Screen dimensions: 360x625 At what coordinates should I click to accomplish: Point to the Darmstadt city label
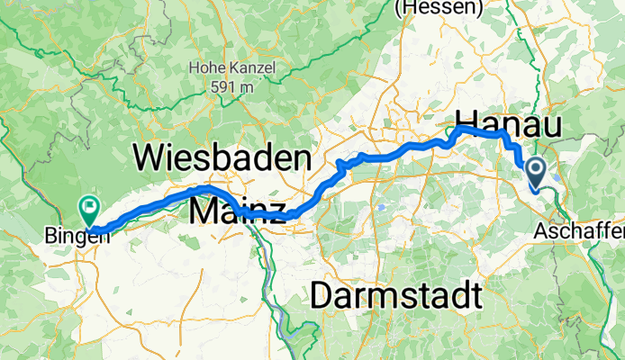(394, 294)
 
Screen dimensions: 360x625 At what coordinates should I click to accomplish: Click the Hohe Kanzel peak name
(223, 67)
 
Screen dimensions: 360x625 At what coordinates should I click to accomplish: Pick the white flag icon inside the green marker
(89, 207)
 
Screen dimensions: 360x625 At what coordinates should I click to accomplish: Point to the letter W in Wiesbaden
(150, 159)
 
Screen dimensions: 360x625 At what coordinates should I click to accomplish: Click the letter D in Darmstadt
(322, 294)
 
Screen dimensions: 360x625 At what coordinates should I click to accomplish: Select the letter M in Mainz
(204, 212)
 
